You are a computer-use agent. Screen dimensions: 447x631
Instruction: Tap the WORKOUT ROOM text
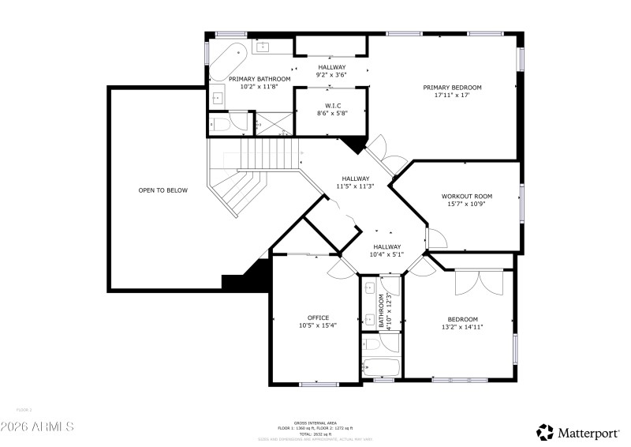tap(466, 196)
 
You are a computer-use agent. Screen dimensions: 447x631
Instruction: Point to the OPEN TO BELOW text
tap(163, 190)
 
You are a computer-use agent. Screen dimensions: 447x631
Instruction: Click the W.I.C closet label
tap(332, 105)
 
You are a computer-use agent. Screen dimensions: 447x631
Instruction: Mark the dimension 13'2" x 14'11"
tap(462, 326)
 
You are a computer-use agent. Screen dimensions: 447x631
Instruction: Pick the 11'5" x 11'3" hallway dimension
tap(354, 186)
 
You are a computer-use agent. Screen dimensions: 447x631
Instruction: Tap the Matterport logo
tap(580, 431)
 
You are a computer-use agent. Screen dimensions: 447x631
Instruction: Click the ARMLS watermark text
tap(37, 426)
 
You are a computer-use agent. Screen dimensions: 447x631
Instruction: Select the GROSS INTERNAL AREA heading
tap(315, 422)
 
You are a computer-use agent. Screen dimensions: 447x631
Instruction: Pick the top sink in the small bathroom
tap(369, 288)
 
